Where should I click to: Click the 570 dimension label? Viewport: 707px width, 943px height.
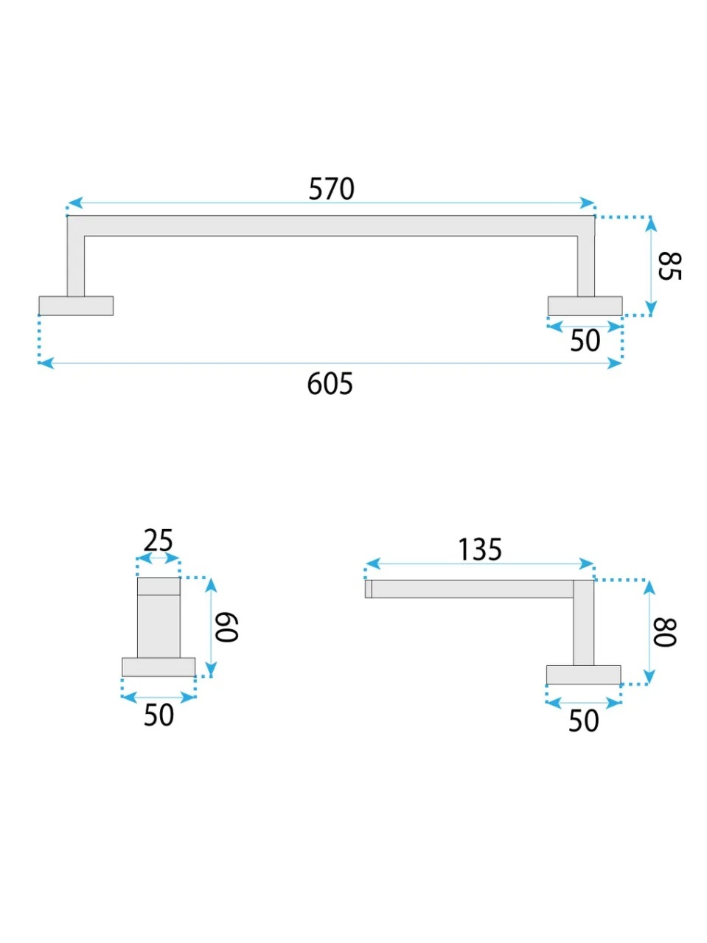(x=331, y=189)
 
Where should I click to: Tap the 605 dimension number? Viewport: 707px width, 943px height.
(x=330, y=384)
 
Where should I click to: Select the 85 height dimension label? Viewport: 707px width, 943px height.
(x=669, y=267)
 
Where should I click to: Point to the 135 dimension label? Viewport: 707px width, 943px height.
(x=480, y=550)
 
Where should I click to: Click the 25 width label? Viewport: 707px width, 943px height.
(x=158, y=541)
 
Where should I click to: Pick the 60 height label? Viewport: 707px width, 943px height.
(x=226, y=627)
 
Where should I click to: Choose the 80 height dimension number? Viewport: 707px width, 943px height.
(x=664, y=632)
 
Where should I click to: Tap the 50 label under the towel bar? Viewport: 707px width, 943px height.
(x=585, y=340)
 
